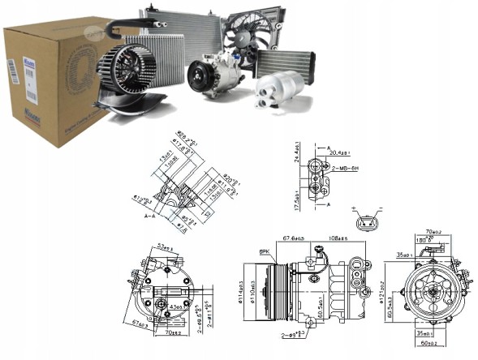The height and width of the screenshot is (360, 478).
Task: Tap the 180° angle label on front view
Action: tap(423, 241)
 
